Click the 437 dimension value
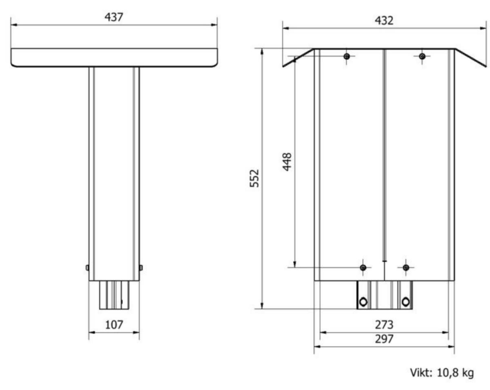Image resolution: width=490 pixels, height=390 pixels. click(x=114, y=17)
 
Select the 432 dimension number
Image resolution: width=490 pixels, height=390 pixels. click(x=384, y=20)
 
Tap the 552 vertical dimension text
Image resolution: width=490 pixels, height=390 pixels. click(x=254, y=179)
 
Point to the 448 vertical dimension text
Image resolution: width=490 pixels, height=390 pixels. click(x=287, y=162)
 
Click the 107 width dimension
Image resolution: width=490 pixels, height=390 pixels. click(x=114, y=325)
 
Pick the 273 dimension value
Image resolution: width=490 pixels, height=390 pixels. click(x=384, y=325)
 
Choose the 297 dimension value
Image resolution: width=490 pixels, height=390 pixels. click(x=384, y=339)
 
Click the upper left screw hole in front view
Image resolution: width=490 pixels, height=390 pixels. click(x=347, y=56)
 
